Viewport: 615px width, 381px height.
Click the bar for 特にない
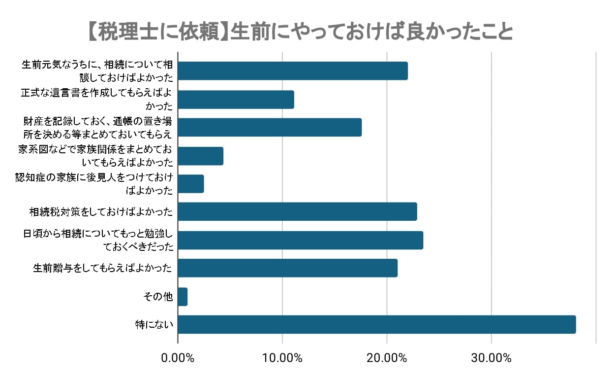coord(376,324)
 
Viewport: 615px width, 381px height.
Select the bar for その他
coord(183,297)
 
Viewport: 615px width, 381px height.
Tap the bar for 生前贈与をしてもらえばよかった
coord(287,268)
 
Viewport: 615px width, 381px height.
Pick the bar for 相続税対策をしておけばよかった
coord(297,211)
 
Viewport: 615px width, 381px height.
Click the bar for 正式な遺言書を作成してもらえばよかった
coord(236,100)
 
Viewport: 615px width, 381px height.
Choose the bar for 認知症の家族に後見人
coord(191,184)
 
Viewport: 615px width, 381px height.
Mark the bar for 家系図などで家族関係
coord(200,156)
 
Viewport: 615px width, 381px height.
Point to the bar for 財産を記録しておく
coord(270,127)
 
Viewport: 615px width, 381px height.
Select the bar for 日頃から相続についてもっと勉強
coord(300,240)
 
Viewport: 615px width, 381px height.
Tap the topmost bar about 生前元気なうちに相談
coord(293,71)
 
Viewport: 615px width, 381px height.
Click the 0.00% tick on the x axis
coord(178,358)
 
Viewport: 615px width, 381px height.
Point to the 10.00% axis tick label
coord(282,358)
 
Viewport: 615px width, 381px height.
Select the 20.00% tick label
coord(387,358)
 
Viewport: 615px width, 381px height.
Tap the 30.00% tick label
coord(492,358)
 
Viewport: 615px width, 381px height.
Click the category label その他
coord(158,297)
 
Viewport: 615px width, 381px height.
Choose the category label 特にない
coord(154,325)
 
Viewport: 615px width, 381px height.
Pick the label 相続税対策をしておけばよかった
coord(101,212)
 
